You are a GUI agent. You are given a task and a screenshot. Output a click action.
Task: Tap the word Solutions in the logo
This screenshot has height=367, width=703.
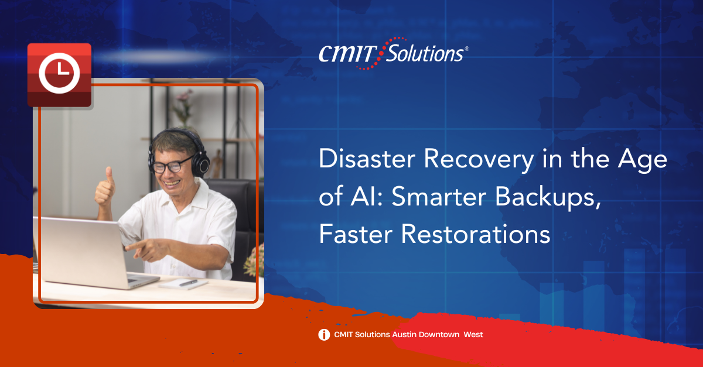(x=425, y=53)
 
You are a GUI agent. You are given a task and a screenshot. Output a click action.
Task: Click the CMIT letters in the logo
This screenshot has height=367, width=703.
(x=348, y=54)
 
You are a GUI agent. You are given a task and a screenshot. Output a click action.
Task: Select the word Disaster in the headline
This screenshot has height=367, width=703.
(x=367, y=159)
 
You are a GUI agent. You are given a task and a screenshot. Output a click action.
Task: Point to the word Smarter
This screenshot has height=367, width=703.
(x=439, y=197)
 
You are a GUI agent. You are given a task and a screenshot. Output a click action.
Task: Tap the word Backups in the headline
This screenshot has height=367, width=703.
(x=548, y=198)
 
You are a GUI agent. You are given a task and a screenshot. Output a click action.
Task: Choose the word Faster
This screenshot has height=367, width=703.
(x=356, y=234)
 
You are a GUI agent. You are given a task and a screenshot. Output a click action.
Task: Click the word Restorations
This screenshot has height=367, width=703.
(x=476, y=234)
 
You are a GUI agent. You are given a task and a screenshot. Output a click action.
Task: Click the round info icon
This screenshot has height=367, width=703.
(x=324, y=335)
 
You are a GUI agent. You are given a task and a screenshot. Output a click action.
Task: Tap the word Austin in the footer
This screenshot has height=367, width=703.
(x=404, y=335)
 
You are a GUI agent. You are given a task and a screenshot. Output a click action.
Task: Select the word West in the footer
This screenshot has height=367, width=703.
(x=473, y=335)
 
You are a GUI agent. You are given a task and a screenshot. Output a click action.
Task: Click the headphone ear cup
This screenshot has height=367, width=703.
(x=200, y=164)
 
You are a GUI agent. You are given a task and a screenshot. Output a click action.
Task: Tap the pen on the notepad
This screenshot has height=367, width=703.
(x=188, y=283)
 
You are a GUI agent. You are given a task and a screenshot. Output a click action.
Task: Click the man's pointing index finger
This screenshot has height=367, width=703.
(x=134, y=245)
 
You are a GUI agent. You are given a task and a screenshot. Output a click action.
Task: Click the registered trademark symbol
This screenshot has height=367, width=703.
(x=467, y=49)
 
